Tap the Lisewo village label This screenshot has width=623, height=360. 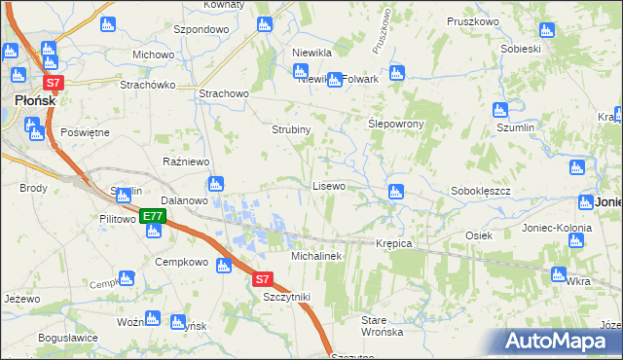[x=328, y=185]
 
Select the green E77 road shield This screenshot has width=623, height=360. [x=151, y=217]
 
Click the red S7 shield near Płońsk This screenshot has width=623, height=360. [x=54, y=84]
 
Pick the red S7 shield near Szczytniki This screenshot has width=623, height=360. [x=263, y=279]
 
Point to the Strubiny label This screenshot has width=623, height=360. [x=290, y=129]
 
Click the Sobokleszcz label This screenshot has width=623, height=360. [x=481, y=191]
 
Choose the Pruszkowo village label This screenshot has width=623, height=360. [x=473, y=20]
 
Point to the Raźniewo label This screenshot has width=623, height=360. [x=182, y=161]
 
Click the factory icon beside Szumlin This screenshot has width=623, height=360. [x=500, y=110]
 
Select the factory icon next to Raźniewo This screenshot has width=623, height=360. [x=216, y=183]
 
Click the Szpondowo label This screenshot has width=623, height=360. [x=201, y=30]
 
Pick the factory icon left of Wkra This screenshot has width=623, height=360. [x=558, y=274]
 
